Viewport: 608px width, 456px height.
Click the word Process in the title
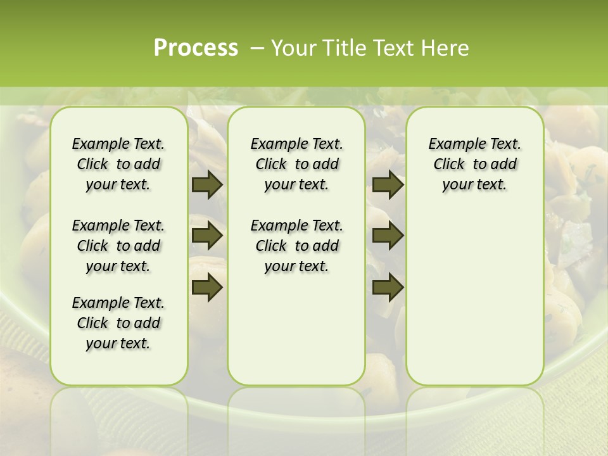pyautogui.click(x=196, y=48)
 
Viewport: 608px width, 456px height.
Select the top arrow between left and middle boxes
pyautogui.click(x=206, y=185)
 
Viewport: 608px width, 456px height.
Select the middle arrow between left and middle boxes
pyautogui.click(x=206, y=236)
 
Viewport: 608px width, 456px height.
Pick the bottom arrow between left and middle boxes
pyautogui.click(x=206, y=288)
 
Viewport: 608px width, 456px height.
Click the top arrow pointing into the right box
pyautogui.click(x=388, y=185)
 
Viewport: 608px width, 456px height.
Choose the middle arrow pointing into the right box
pyautogui.click(x=388, y=236)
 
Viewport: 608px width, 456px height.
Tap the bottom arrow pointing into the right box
pyautogui.click(x=388, y=288)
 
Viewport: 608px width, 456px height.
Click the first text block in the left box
pyautogui.click(x=118, y=164)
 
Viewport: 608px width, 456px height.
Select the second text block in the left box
pyautogui.click(x=118, y=246)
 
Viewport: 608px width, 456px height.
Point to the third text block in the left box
pyautogui.click(x=118, y=323)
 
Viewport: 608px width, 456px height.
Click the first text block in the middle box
pyautogui.click(x=297, y=164)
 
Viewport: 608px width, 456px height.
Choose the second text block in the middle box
pyautogui.click(x=297, y=246)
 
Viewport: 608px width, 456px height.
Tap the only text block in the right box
pyautogui.click(x=475, y=164)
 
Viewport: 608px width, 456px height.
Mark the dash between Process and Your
pyautogui.click(x=257, y=48)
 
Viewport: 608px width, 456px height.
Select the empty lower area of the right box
pyautogui.click(x=475, y=298)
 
